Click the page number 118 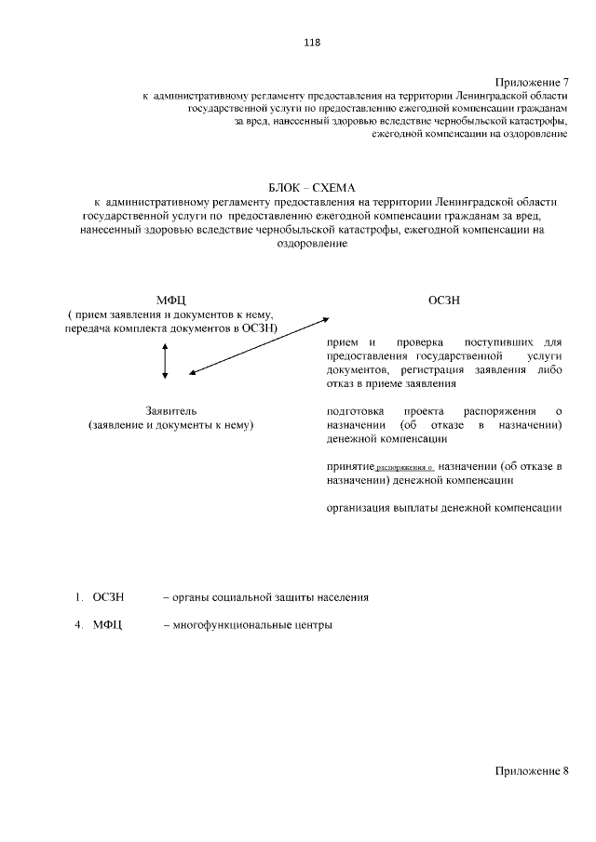coord(312,41)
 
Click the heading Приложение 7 coord(531,83)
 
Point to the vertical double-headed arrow coord(165,359)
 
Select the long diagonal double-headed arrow coord(260,346)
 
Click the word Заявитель coord(171,410)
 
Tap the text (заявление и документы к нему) coord(171,424)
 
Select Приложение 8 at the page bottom coord(531,772)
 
